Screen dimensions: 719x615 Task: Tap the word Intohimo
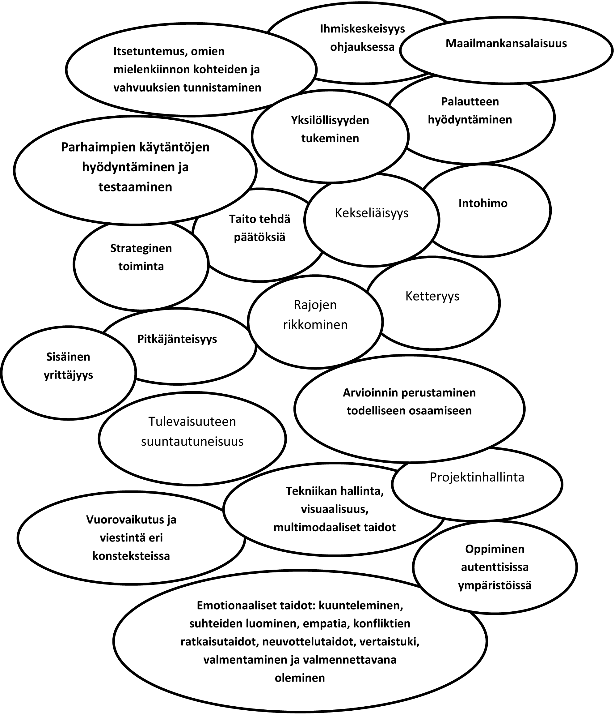[482, 203]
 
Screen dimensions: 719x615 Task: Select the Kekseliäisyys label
[372, 213]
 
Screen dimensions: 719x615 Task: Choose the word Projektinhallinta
[477, 477]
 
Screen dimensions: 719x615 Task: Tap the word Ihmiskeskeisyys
[362, 29]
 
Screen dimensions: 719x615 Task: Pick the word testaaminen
[135, 187]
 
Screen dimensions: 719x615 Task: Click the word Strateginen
[141, 248]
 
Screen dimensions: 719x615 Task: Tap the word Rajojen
[315, 305]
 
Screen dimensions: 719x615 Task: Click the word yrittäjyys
[68, 375]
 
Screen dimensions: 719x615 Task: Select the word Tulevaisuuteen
[192, 422]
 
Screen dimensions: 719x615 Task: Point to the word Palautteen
[470, 102]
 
